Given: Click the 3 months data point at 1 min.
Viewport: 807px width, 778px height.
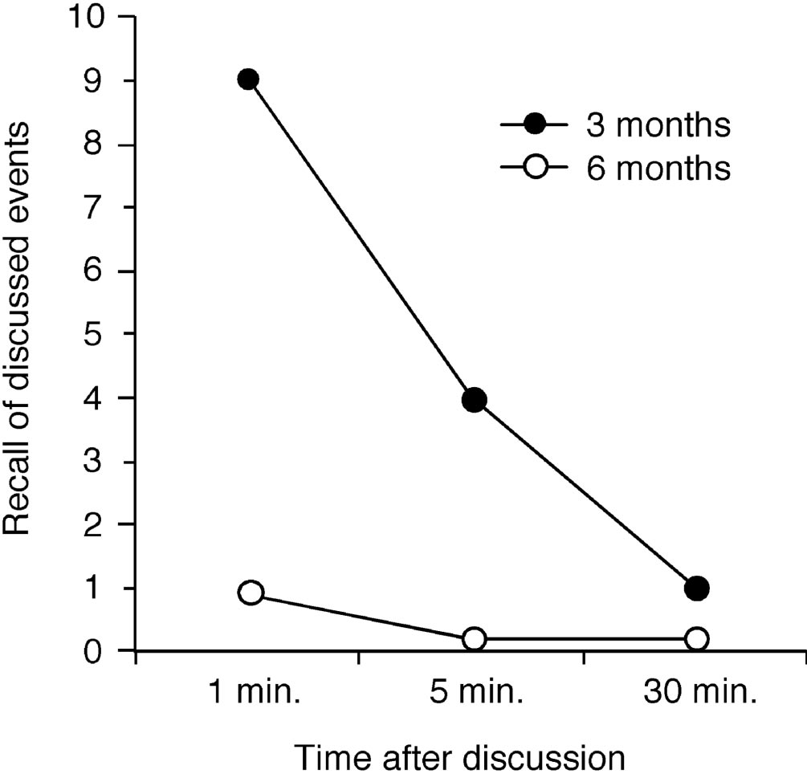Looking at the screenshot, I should (x=248, y=79).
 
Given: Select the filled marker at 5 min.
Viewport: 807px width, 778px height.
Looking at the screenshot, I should (x=474, y=400).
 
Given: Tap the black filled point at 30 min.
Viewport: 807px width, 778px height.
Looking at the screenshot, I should (x=696, y=589).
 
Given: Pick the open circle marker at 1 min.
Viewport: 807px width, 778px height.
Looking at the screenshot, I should (x=251, y=593).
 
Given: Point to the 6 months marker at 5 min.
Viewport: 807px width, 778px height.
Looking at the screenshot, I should (x=474, y=639).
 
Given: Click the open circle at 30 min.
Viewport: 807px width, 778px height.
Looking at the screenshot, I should (x=696, y=639).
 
